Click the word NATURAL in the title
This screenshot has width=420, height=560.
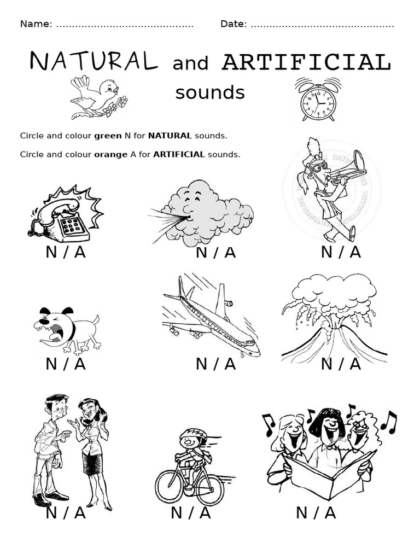coord(94,61)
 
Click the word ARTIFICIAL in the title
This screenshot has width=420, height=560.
coord(306,62)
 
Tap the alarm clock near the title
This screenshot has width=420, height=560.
coord(317,101)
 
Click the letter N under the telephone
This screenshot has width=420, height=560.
coord(51,252)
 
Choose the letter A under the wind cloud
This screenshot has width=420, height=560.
coord(230,252)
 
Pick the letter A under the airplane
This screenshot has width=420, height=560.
coord(230,364)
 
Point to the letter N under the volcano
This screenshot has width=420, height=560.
coord(326,364)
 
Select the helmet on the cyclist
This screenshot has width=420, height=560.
coord(194,435)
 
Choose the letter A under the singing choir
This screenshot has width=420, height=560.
coord(330,513)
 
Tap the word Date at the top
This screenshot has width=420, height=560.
coord(232,24)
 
